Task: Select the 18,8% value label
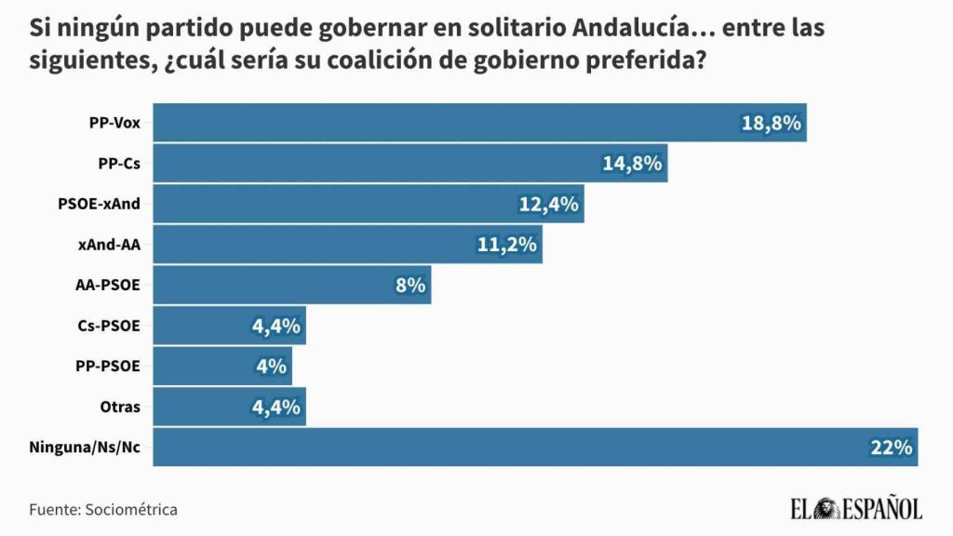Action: (x=772, y=123)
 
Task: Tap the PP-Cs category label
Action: (x=119, y=163)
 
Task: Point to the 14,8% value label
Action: (x=632, y=164)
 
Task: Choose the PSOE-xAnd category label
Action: (x=99, y=204)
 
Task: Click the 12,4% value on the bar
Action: (x=549, y=204)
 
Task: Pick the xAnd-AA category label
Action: (x=110, y=245)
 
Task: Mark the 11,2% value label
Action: (x=507, y=245)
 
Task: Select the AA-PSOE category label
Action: (x=107, y=285)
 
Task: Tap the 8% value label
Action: (x=410, y=286)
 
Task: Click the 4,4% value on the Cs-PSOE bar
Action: (x=275, y=326)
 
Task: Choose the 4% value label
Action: (x=271, y=366)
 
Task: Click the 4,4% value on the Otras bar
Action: (x=275, y=407)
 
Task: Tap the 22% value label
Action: (x=891, y=448)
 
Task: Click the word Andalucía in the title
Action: (x=633, y=28)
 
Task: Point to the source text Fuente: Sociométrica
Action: (x=103, y=509)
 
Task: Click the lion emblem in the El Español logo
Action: (x=826, y=508)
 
